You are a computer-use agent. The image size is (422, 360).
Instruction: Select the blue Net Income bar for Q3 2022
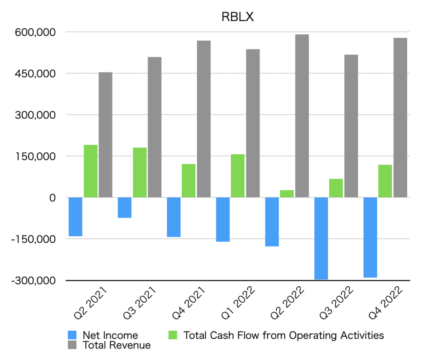(x=321, y=238)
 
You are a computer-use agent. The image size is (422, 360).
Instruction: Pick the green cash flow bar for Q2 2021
(x=91, y=171)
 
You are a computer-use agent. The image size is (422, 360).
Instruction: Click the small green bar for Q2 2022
(x=287, y=193)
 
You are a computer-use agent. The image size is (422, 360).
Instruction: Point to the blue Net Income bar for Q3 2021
(x=125, y=207)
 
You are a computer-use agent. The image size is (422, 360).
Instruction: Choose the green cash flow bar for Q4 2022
(x=385, y=181)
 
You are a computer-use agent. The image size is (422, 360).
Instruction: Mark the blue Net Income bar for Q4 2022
(x=370, y=237)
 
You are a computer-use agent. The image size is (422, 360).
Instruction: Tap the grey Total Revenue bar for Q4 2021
(x=204, y=119)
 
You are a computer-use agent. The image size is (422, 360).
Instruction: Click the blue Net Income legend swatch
(x=72, y=335)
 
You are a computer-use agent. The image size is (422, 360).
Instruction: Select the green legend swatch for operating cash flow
(x=173, y=335)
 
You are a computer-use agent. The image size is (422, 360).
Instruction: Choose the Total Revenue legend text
(x=117, y=345)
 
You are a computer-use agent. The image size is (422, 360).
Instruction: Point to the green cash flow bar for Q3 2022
(x=336, y=188)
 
